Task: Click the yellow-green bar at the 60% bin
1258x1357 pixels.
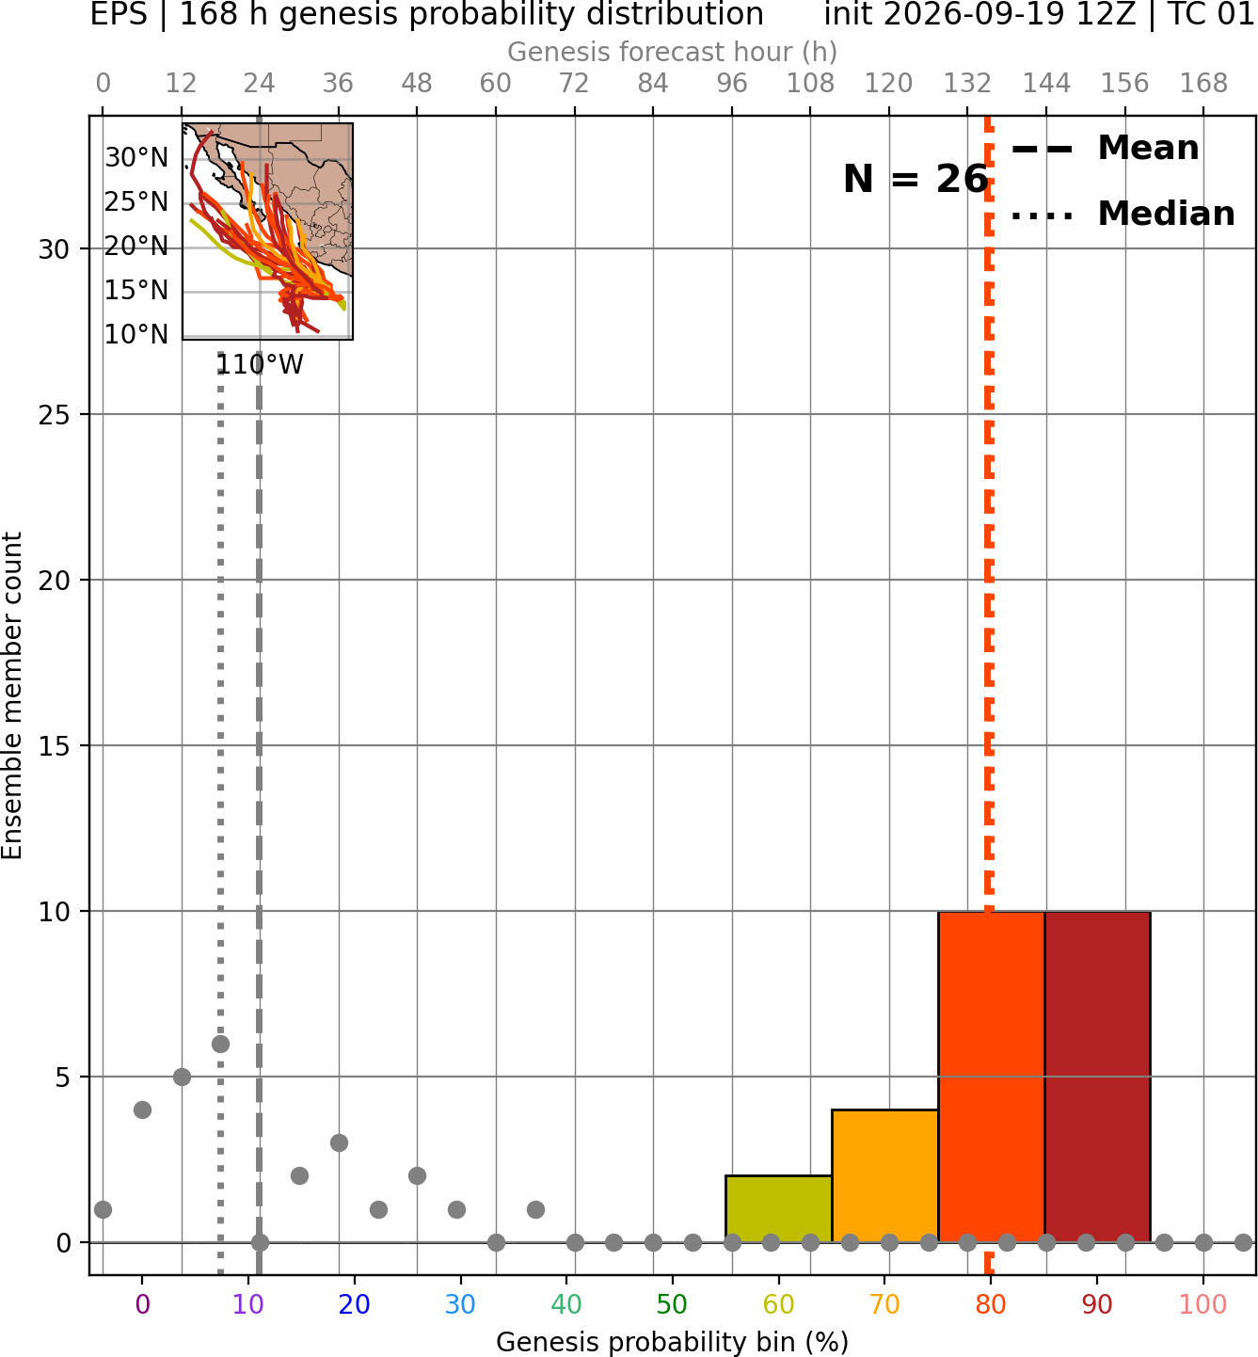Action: [x=778, y=1208]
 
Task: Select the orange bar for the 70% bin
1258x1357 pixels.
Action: [x=884, y=1176]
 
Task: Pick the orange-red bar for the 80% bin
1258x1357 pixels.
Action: [x=992, y=1077]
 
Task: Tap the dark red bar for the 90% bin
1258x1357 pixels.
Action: [x=1097, y=1077]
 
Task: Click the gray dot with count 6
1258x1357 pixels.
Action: [x=220, y=1044]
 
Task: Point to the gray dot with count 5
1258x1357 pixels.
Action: [x=182, y=1077]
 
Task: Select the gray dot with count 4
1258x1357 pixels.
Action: [x=142, y=1110]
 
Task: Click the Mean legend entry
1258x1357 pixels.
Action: [x=1105, y=149]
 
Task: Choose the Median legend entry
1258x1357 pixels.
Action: [x=1123, y=214]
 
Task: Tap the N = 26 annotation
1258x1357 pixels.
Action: [x=916, y=179]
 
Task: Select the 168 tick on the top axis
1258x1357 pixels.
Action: [x=1203, y=84]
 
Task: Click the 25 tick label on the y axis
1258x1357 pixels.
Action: [x=54, y=415]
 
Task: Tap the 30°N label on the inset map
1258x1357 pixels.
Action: [x=136, y=158]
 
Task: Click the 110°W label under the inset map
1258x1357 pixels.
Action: [x=260, y=365]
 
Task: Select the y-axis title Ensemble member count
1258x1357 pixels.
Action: [x=11, y=695]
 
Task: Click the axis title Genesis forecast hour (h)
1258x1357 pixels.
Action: [x=673, y=52]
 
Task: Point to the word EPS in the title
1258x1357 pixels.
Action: [x=119, y=14]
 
